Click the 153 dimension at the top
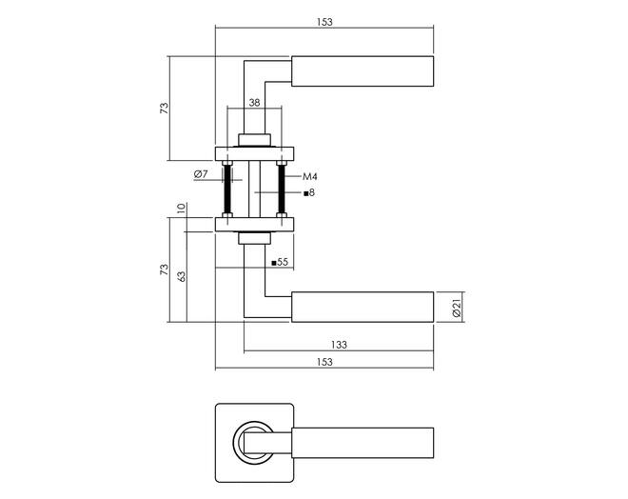(x=324, y=22)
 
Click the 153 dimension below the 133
(x=324, y=362)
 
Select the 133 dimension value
(x=339, y=345)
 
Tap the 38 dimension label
(x=254, y=103)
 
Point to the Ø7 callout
(x=201, y=174)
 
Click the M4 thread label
(x=310, y=176)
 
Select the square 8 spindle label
(x=309, y=192)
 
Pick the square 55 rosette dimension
(x=280, y=262)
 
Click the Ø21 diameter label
(x=457, y=308)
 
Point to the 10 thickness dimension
(x=181, y=209)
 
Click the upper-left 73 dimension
(x=165, y=109)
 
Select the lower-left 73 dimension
(x=165, y=269)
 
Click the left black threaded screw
(x=228, y=189)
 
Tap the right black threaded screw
(x=281, y=189)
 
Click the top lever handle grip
(x=363, y=71)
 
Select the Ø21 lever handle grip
(x=363, y=307)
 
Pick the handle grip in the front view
(x=363, y=443)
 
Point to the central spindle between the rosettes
(x=254, y=189)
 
